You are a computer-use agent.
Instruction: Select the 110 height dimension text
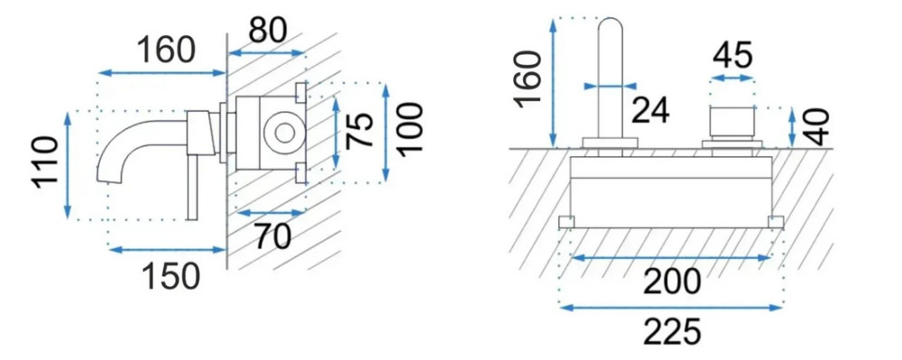point(45,161)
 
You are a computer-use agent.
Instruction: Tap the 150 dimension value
point(170,276)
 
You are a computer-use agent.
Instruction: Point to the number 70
point(272,237)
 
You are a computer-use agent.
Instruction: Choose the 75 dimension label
point(360,131)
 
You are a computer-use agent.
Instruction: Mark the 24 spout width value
point(650,110)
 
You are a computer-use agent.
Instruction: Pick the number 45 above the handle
point(732,56)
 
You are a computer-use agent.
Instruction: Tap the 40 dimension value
point(816,126)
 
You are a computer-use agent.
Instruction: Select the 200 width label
point(672,282)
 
